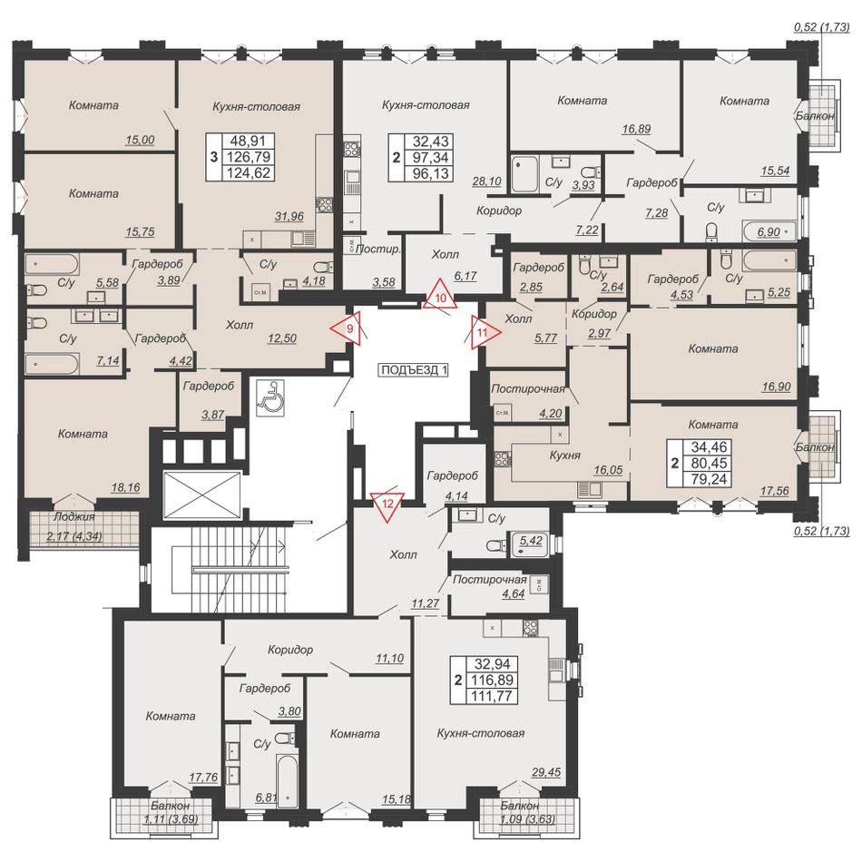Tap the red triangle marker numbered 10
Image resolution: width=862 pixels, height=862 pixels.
coord(440,296)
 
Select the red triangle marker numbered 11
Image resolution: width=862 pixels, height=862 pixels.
coord(485,332)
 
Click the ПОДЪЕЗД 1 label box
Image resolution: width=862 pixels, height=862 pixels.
coord(414,370)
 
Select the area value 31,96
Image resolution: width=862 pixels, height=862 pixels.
coord(289,217)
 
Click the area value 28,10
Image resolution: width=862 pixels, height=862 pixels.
coord(486,181)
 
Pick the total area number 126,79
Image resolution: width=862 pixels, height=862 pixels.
coord(249,157)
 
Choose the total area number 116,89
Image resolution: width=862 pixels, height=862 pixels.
coord(492,680)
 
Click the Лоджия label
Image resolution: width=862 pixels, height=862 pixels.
coord(74,517)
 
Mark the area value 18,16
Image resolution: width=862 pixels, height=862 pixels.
coord(125,487)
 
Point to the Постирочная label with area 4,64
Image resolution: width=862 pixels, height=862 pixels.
coord(490,580)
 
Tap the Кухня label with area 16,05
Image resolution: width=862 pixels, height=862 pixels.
coord(565,455)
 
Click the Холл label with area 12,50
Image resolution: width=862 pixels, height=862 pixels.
coord(240,325)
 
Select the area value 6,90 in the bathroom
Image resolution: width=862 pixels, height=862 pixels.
coord(769,232)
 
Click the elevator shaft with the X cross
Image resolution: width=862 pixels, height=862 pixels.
coord(203,495)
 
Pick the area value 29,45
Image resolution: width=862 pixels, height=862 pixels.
coord(546,772)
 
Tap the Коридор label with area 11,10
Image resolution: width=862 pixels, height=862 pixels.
coord(290,650)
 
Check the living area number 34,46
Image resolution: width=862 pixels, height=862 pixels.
coord(710,447)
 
